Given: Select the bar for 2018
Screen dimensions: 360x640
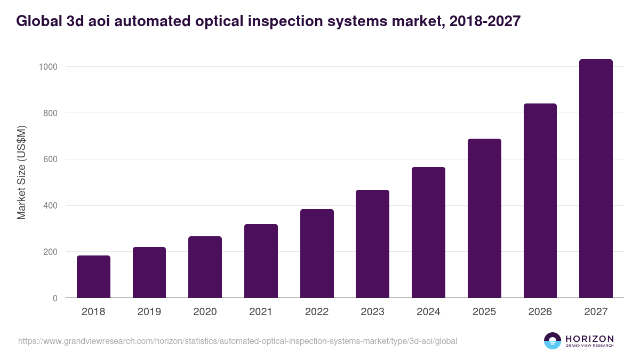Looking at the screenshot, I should (x=93, y=277).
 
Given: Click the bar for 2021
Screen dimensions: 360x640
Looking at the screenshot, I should (x=261, y=261).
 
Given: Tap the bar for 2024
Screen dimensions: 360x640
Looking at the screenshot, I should (x=428, y=233).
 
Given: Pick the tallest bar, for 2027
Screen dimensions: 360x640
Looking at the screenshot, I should (x=596, y=179).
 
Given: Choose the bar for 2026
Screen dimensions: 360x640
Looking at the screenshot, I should (x=540, y=201).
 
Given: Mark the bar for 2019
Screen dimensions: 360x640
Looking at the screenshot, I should (x=149, y=273).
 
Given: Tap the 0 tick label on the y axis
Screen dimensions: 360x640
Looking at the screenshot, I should (x=55, y=298).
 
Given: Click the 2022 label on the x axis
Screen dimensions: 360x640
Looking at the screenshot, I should (x=317, y=312).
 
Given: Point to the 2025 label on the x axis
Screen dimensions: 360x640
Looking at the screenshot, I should (x=484, y=312).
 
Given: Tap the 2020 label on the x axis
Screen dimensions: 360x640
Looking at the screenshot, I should (x=205, y=312).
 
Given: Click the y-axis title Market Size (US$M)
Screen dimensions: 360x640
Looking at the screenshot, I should (x=21, y=172).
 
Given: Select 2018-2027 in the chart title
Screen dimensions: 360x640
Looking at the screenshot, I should (x=484, y=21).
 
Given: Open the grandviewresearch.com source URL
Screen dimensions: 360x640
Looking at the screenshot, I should (x=237, y=341).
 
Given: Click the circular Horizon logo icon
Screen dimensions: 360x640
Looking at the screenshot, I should (x=552, y=341).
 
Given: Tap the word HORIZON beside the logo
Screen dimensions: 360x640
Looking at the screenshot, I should (x=589, y=338).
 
